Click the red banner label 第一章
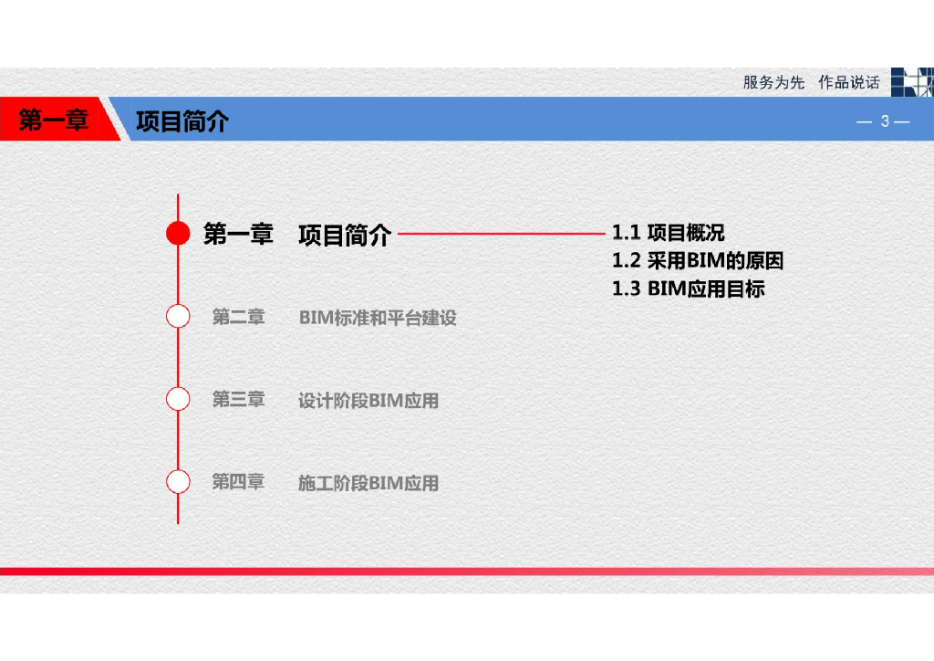click(x=54, y=121)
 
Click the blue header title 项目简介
click(x=182, y=121)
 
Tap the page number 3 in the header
click(x=884, y=121)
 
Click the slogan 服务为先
click(x=773, y=82)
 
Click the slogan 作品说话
click(x=848, y=82)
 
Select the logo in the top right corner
click(x=912, y=82)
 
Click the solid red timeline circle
click(x=178, y=234)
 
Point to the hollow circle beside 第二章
click(x=178, y=317)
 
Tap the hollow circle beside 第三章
click(x=178, y=399)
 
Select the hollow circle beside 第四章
click(x=178, y=481)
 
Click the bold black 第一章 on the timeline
click(x=238, y=235)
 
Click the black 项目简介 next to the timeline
click(x=345, y=236)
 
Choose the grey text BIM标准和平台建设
click(x=378, y=318)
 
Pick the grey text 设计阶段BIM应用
click(x=368, y=400)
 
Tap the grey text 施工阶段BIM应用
click(x=368, y=483)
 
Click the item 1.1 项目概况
click(x=668, y=233)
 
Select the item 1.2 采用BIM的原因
click(x=698, y=261)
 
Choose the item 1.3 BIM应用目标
click(x=688, y=289)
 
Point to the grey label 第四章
click(x=238, y=481)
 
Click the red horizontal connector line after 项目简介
click(x=502, y=234)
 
